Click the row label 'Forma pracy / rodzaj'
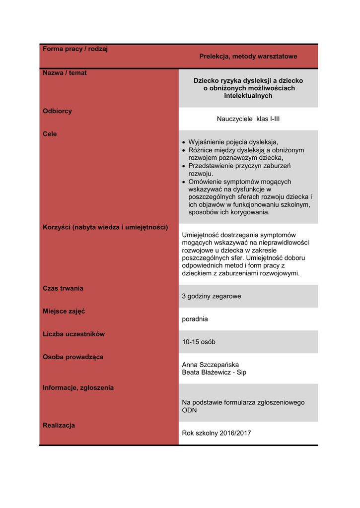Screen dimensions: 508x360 coord(75,49)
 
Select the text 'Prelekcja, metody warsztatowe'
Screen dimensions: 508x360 coord(248,57)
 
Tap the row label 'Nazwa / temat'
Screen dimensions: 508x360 coord(65,73)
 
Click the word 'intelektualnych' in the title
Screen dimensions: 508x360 coord(248,96)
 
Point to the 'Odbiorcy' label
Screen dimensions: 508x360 coord(57,111)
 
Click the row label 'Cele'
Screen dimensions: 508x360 coord(50,134)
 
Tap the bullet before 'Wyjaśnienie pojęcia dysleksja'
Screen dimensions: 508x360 coord(184,142)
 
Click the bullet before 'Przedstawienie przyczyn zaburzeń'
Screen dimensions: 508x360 coord(184,166)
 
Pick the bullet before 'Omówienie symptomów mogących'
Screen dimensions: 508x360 coord(184,182)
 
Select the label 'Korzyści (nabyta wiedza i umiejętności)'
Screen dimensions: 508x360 coord(105,227)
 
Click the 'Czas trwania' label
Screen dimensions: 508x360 coord(63,288)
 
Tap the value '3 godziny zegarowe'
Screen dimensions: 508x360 coord(212,296)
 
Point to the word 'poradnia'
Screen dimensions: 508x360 coord(195,319)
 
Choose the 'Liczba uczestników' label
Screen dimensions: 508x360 coord(74,334)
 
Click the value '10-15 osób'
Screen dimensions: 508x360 coord(199,342)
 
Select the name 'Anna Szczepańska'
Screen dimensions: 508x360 coord(211,365)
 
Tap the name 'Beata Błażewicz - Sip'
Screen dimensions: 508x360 coord(214,372)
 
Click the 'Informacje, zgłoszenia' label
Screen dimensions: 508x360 coord(78,387)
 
